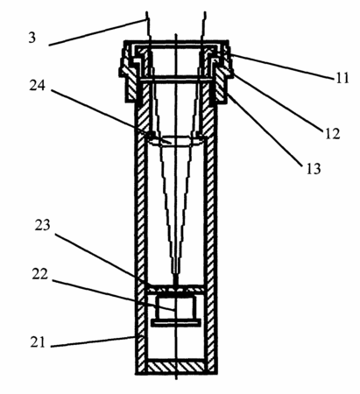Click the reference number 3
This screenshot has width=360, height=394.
click(32, 38)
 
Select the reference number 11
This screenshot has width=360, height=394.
click(342, 78)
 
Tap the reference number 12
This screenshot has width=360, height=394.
click(333, 134)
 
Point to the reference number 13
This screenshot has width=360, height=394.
click(314, 168)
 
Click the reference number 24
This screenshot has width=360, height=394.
click(38, 86)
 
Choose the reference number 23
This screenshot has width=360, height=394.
click(43, 225)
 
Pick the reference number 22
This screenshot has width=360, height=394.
click(40, 274)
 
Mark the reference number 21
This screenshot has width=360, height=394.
click(38, 341)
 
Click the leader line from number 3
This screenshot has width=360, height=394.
click(97, 32)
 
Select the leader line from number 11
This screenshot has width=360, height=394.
click(282, 66)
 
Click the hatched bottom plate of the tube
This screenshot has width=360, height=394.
click(176, 367)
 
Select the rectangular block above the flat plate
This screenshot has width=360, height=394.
click(175, 308)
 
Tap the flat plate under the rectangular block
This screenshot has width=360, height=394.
click(176, 322)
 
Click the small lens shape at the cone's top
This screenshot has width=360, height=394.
click(176, 142)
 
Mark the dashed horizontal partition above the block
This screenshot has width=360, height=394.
click(175, 289)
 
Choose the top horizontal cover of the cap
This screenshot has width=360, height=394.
click(176, 44)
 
